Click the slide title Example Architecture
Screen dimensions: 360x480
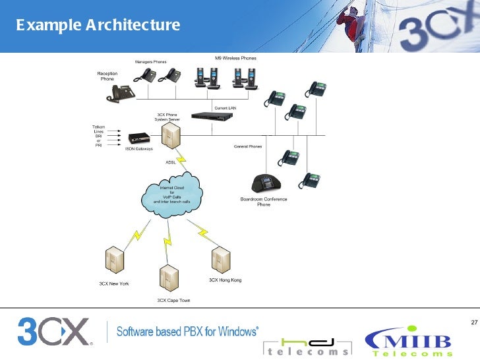[x=98, y=26]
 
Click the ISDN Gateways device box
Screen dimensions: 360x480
[x=139, y=138]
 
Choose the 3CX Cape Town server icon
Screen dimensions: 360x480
[x=169, y=278]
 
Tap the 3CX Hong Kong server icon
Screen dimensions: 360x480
[x=221, y=259]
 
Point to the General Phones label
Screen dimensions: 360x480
[x=248, y=146]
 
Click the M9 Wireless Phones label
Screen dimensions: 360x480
[x=235, y=59]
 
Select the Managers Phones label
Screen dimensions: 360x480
[x=151, y=62]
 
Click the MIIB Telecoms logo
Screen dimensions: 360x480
[x=409, y=342]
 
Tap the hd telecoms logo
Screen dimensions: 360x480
[x=307, y=347]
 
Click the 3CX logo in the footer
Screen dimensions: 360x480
[x=53, y=333]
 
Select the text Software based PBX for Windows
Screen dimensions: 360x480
[x=188, y=331]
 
